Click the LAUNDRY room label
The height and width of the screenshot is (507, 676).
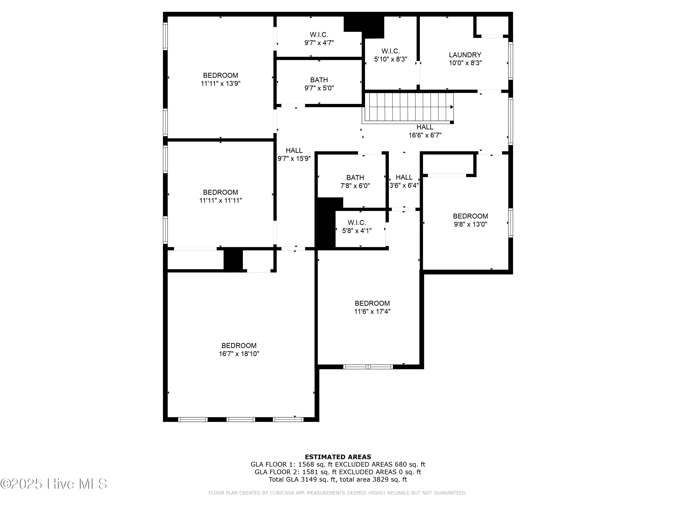click(465, 55)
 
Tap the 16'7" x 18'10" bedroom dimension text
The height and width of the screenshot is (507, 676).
click(239, 354)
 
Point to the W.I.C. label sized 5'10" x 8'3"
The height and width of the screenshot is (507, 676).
click(391, 51)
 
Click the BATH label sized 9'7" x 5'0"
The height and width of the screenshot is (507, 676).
click(319, 80)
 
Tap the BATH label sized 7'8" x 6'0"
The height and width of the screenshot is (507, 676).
click(355, 178)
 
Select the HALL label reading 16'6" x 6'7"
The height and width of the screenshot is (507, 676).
click(425, 127)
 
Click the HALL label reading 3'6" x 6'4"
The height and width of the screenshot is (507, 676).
click(404, 177)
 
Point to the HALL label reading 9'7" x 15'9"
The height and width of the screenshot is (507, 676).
click(294, 150)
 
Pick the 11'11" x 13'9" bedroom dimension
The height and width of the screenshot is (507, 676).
click(221, 83)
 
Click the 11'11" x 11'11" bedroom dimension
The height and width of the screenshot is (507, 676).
click(221, 201)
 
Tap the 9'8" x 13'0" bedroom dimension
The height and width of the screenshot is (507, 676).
click(470, 224)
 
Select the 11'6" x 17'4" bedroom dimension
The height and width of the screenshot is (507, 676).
click(372, 311)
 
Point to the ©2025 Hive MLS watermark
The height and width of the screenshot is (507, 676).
click(54, 484)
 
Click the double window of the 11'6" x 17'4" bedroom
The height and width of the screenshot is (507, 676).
click(368, 367)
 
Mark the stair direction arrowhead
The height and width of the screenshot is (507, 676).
click(452, 107)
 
